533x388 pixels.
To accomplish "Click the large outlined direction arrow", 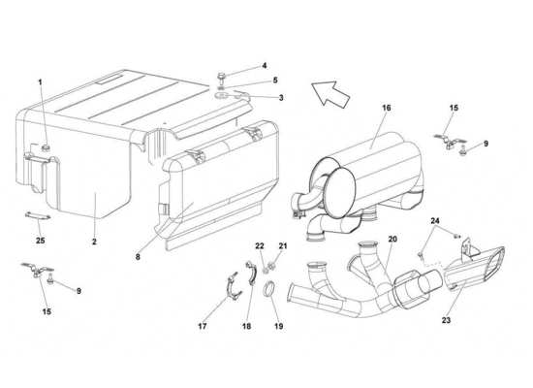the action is tap(330, 94).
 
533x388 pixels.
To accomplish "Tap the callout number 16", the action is tap(386, 108).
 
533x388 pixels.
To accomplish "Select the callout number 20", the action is tap(392, 240).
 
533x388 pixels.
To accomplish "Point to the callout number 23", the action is tap(446, 320).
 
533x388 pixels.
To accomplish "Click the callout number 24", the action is tap(435, 221).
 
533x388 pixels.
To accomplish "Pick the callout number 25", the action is tap(40, 241).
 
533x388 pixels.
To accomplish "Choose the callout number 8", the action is tap(138, 257).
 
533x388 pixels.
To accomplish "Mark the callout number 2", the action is tap(94, 242).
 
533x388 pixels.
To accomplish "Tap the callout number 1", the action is tap(40, 82).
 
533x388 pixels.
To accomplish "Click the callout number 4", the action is tap(265, 66).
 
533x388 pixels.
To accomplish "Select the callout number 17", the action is tap(203, 326).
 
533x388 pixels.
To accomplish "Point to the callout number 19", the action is tap(279, 326).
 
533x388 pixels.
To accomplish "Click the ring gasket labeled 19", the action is tap(268, 290).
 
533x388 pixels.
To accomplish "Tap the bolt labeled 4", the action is tap(221, 78).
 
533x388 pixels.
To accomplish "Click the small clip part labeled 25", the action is tap(38, 215).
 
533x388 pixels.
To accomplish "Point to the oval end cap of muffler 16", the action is tap(340, 188).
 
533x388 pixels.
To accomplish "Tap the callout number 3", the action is tap(281, 98).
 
